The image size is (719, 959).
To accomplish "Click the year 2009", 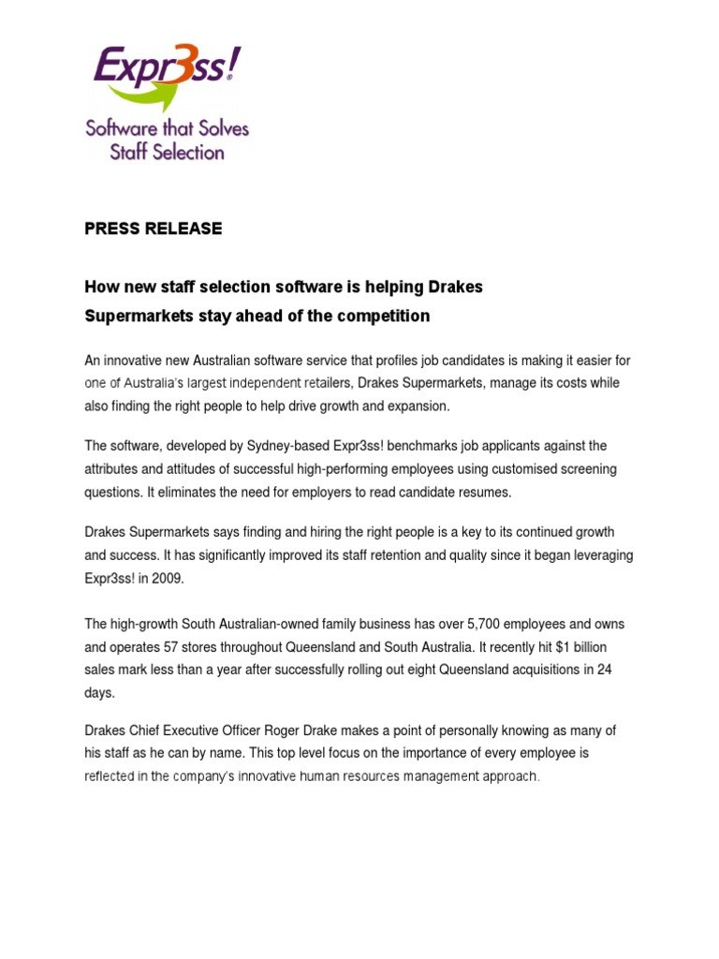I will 169,579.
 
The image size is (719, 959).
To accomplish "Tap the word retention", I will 368,555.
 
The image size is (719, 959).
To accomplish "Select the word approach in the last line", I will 506,776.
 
